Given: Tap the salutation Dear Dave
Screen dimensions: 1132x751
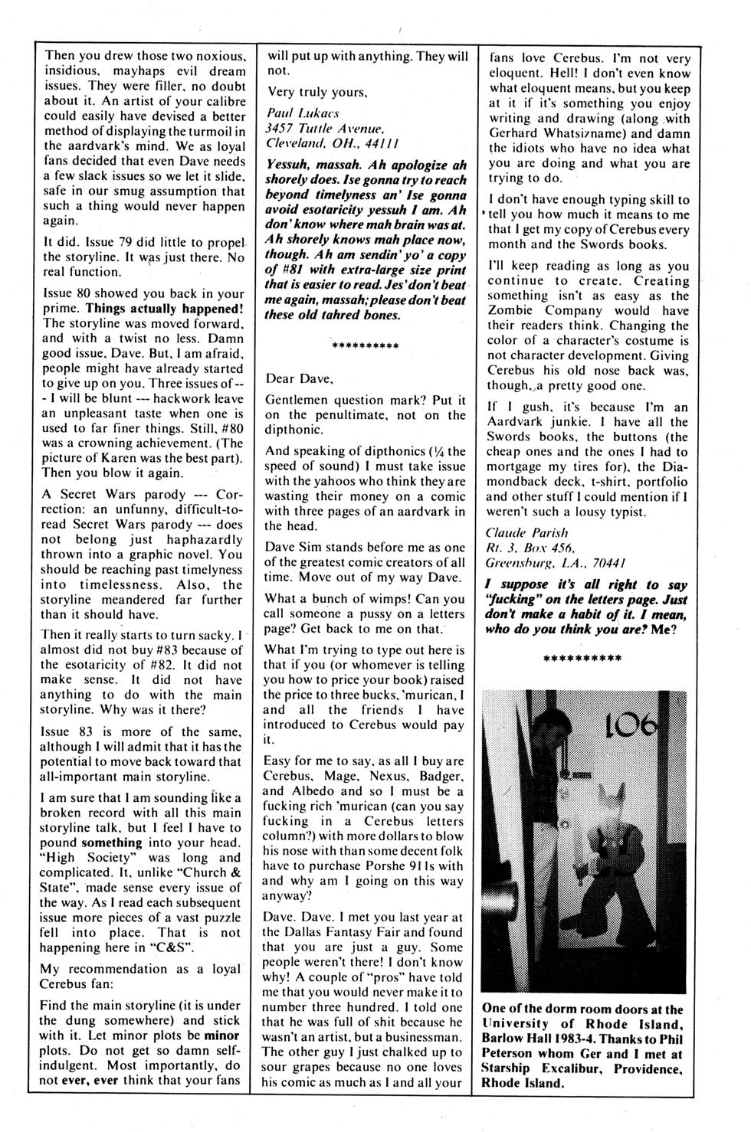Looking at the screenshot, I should pos(300,378).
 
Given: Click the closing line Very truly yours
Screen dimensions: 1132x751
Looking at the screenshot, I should pos(316,92).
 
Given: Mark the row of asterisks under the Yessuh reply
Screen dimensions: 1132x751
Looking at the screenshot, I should pos(365,346).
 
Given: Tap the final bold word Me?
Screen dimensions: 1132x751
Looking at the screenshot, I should pos(675,629).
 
